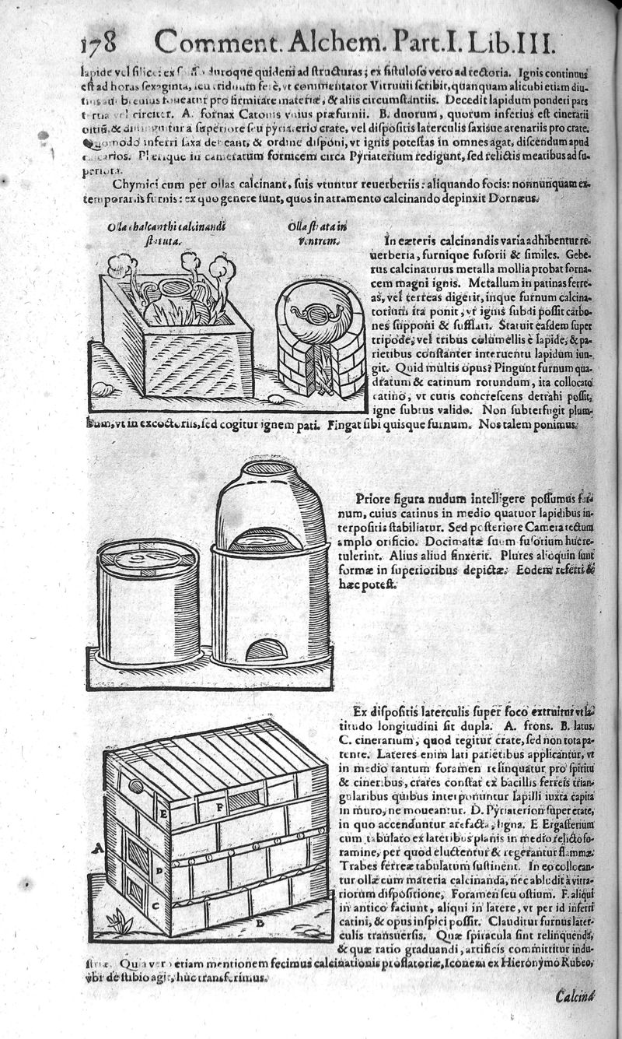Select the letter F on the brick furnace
(220, 807)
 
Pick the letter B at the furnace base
(261, 923)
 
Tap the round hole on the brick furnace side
(137, 787)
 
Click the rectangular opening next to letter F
(244, 800)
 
